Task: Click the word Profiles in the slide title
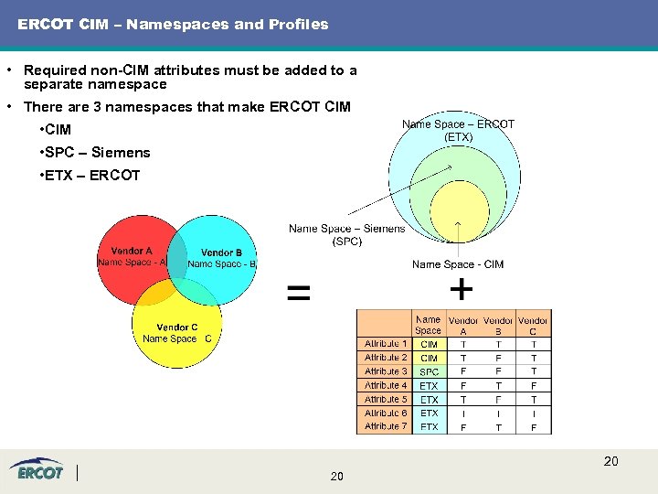tap(296, 25)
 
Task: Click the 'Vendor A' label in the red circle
tap(132, 252)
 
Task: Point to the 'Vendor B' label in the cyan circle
tap(221, 252)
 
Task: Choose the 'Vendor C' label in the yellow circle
tap(176, 328)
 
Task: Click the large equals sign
tap(298, 294)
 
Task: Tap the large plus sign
tap(462, 290)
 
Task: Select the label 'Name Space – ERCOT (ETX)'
tap(458, 130)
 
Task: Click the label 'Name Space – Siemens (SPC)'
tap(346, 235)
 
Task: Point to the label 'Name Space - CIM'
tap(457, 264)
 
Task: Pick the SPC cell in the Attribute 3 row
tap(429, 372)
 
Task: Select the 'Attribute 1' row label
tap(386, 344)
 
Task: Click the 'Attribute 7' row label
tap(386, 426)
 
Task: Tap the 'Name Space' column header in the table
tap(428, 325)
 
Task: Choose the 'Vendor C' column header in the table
tap(533, 325)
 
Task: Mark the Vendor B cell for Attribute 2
tap(498, 358)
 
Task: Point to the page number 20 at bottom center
tap(336, 477)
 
